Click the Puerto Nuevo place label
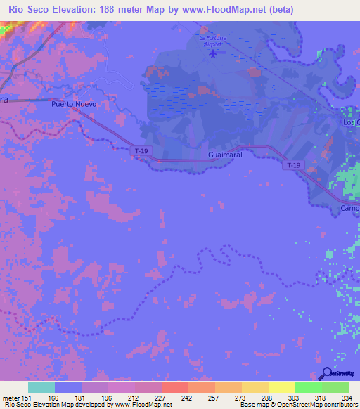pos(73,104)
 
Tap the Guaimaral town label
pos(226,154)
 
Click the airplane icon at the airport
pos(213,55)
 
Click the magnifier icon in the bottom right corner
pos(326,375)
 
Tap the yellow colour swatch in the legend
pos(281,387)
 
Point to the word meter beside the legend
pos(12,397)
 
